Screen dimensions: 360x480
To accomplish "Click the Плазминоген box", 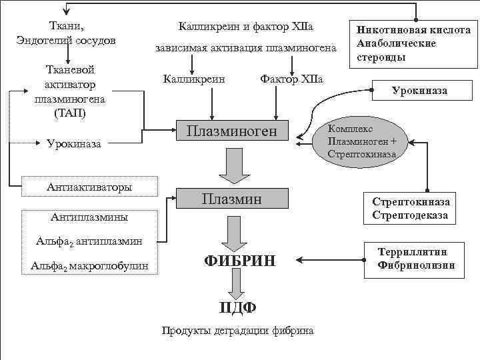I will [231, 131].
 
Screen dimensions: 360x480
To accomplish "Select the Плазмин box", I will [231, 198].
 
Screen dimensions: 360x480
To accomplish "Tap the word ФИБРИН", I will [239, 261].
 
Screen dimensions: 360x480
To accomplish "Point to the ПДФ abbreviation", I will [237, 307].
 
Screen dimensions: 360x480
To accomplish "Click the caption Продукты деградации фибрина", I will [237, 331].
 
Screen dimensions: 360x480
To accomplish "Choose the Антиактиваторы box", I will [89, 187].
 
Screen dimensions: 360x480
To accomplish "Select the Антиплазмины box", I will [89, 217].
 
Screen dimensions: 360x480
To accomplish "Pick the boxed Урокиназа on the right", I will [419, 90].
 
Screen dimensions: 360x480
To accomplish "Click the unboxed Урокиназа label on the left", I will [74, 143].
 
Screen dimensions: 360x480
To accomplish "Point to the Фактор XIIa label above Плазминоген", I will [291, 79].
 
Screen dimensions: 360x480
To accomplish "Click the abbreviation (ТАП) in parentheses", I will [66, 113].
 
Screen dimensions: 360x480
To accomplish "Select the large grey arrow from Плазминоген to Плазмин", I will [233, 166].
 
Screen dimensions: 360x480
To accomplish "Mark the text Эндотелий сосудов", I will [66, 41].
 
